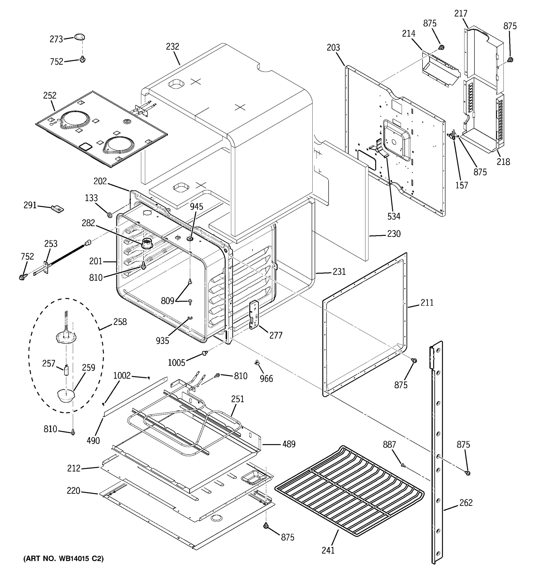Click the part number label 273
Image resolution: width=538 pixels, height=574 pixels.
pyautogui.click(x=56, y=39)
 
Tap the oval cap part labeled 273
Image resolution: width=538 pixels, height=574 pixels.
pyautogui.click(x=80, y=37)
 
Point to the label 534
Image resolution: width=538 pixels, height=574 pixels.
pyautogui.click(x=394, y=216)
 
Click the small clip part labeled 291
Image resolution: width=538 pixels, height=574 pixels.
pyautogui.click(x=57, y=209)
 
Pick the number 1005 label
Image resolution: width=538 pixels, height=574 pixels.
pyautogui.click(x=176, y=362)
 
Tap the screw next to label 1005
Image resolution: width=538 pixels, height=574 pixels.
pyautogui.click(x=205, y=353)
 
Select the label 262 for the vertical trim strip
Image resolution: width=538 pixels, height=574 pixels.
pyautogui.click(x=466, y=502)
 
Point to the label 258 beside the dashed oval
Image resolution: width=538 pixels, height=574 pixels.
pyautogui.click(x=120, y=322)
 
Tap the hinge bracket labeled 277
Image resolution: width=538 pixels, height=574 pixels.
pyautogui.click(x=254, y=315)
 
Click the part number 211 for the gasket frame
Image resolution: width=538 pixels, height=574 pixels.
pyautogui.click(x=427, y=303)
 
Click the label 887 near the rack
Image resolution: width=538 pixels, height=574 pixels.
pyautogui.click(x=389, y=445)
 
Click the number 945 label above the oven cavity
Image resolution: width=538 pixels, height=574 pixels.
pyautogui.click(x=196, y=206)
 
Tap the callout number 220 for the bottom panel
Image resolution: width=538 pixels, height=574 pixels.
pyautogui.click(x=73, y=491)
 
